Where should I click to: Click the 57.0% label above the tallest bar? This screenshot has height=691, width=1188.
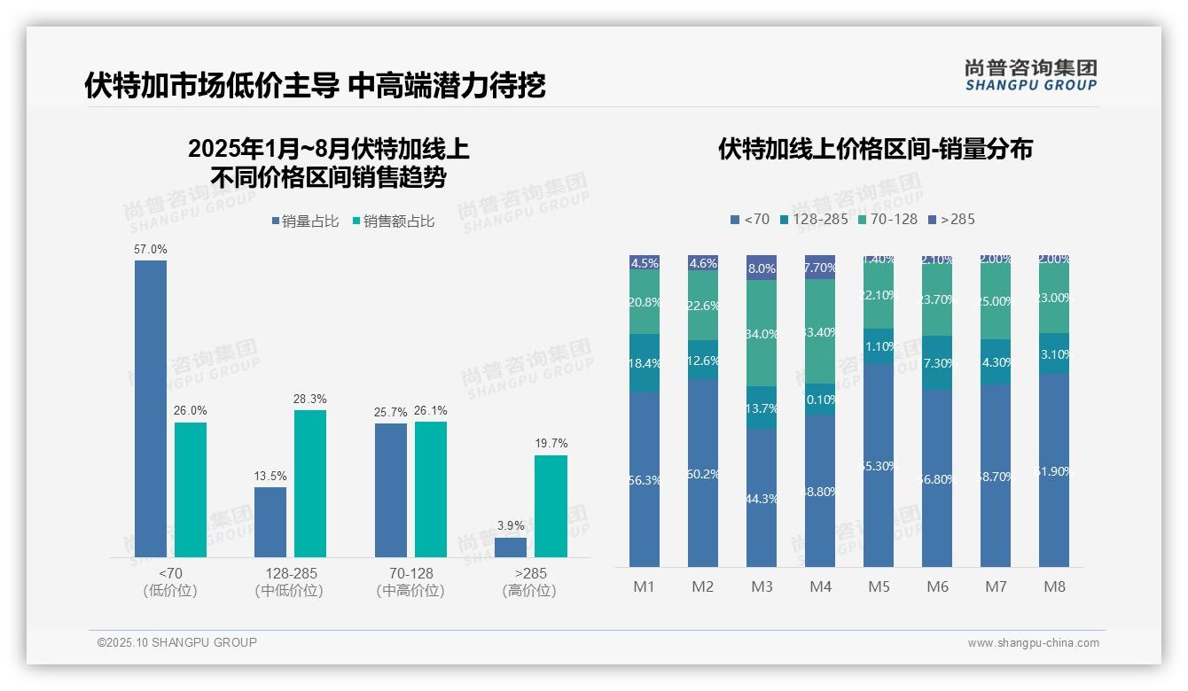150,250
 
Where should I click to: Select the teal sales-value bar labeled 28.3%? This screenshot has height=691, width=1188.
309,483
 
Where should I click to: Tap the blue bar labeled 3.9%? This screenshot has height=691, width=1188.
510,547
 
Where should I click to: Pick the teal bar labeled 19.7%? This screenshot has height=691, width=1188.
551,506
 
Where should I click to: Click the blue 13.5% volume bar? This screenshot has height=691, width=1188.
270,522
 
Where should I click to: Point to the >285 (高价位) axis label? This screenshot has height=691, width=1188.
529,582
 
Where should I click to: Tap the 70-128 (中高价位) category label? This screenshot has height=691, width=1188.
410,582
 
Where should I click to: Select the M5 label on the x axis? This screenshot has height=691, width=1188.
879,586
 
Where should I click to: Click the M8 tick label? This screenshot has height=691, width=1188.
1054,586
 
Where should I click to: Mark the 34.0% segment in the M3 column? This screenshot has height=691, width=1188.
762,333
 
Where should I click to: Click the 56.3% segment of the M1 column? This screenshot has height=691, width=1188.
645,479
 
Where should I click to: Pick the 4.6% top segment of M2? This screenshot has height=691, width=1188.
703,263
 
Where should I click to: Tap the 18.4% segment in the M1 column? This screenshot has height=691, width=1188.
645,363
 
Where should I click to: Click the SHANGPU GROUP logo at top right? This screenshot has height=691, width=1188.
1030,75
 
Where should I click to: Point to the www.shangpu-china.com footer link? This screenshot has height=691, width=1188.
1033,643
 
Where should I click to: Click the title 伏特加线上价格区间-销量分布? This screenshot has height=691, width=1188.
875,149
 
